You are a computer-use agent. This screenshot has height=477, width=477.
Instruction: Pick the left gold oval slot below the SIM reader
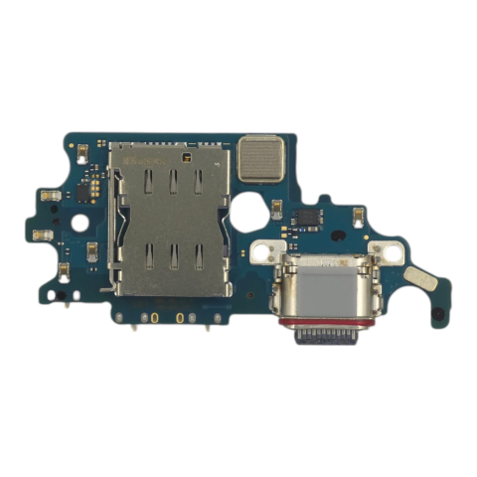153,319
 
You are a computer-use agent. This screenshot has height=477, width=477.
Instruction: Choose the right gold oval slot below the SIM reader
180,319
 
